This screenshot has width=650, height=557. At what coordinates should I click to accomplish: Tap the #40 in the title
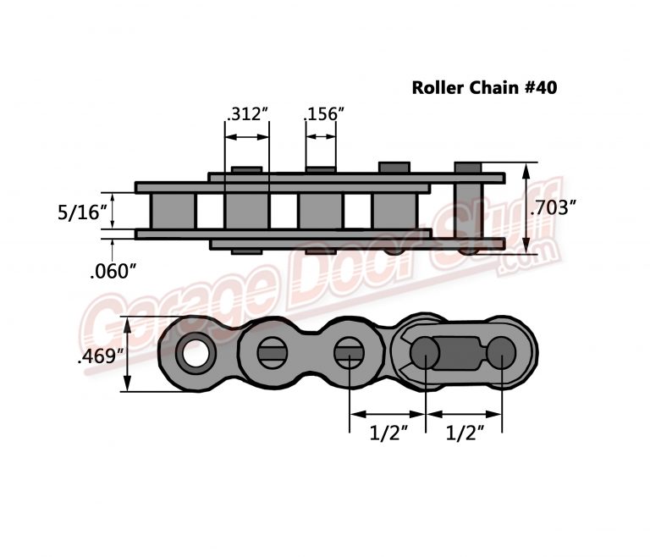[538, 87]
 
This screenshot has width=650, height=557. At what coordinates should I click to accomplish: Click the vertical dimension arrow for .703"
[526, 207]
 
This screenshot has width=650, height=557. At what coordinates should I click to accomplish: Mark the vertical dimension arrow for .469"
[127, 355]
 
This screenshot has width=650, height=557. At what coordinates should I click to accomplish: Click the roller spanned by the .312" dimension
[246, 210]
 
